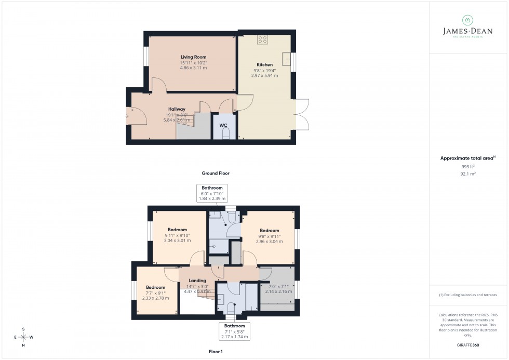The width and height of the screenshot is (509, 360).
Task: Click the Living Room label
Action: (193, 57)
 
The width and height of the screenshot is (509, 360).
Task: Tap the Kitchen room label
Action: (264, 65)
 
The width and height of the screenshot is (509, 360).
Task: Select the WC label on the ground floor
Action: (223, 125)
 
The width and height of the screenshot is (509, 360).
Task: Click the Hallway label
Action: (177, 109)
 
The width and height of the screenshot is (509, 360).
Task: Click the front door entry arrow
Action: (128, 116)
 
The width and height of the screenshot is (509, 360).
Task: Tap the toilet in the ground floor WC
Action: (225, 134)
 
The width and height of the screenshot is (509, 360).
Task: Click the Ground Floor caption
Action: (216, 173)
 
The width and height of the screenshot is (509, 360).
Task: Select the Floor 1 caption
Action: (216, 352)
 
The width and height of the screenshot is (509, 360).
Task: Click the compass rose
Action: (24, 337)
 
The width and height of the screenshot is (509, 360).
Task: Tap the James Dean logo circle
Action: (467, 20)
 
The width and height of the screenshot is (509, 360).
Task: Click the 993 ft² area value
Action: (468, 166)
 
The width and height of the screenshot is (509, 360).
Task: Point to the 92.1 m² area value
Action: (468, 174)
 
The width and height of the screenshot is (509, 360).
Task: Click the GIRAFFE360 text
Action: (468, 344)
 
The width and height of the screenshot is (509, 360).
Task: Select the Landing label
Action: (197, 281)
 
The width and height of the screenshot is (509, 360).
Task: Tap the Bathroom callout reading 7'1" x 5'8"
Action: (234, 331)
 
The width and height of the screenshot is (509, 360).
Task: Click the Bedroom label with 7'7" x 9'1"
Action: (155, 287)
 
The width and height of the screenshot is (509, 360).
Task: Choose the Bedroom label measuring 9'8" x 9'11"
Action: (270, 231)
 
